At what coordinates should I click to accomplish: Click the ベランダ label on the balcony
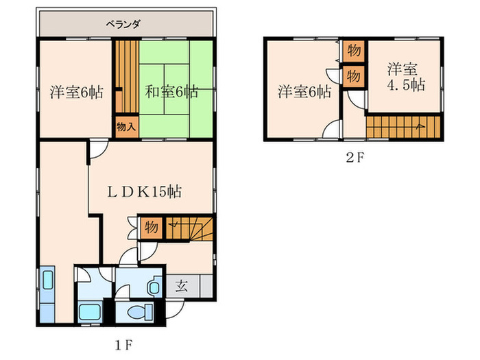(124, 25)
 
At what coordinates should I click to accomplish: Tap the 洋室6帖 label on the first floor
(77, 91)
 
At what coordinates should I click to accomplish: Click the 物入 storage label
(125, 127)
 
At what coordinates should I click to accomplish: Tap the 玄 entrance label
(179, 285)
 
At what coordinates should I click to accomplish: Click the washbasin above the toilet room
(154, 287)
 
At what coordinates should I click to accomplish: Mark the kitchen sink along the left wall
(48, 282)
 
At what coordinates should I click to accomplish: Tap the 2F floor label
(355, 157)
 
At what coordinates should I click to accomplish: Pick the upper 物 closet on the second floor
(354, 51)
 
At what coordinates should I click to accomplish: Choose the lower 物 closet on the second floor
(354, 75)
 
